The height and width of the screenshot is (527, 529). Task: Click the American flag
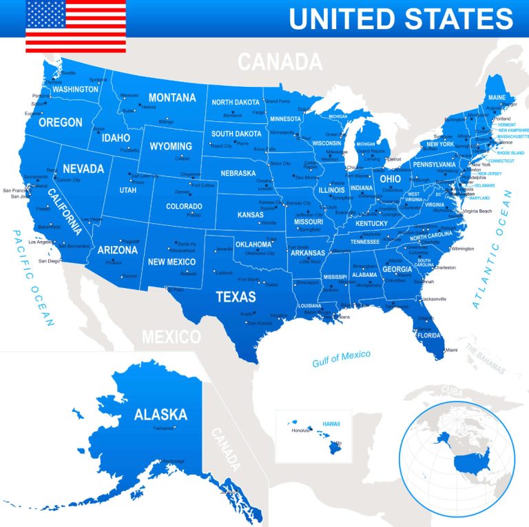76,26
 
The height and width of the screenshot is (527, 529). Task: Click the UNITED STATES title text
401,19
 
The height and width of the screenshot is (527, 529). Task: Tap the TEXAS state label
236,297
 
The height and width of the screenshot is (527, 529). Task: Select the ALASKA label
160,414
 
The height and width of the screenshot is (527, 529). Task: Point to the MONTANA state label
172,97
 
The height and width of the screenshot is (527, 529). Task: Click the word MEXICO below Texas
171,337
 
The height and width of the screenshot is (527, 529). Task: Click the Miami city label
450,350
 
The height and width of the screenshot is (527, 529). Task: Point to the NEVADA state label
83,168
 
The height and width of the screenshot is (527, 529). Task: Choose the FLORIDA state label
428,335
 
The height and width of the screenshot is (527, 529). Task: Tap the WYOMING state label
171,146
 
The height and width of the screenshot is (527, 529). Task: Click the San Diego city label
49,261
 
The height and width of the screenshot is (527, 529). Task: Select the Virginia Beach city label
477,211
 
